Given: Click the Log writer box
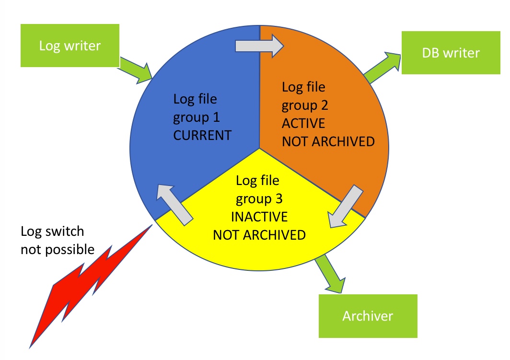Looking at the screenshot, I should [x=70, y=46].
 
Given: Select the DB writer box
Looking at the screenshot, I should [x=451, y=53].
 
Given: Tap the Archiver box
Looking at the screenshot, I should [x=368, y=316].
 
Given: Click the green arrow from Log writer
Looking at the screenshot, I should [x=137, y=69].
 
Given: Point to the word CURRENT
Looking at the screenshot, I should [x=202, y=135].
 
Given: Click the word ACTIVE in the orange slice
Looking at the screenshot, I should [x=303, y=124].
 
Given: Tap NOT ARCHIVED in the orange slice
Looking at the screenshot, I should [x=328, y=141].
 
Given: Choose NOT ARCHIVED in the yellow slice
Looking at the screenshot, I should [x=259, y=235].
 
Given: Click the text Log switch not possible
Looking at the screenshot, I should [x=57, y=240].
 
